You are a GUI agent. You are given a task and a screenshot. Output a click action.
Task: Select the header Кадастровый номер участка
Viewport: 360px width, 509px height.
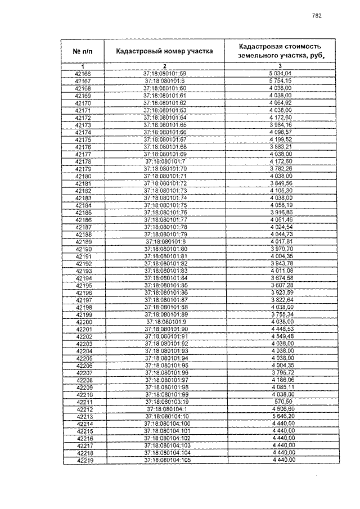pyautogui.click(x=164, y=51)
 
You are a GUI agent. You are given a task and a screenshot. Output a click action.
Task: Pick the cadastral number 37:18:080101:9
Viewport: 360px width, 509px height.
pyautogui.click(x=164, y=322)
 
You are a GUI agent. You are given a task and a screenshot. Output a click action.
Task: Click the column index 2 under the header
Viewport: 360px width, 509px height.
pyautogui.click(x=164, y=67)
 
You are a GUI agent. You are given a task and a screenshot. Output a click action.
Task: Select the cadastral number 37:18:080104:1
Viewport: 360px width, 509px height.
pyautogui.click(x=165, y=410)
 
